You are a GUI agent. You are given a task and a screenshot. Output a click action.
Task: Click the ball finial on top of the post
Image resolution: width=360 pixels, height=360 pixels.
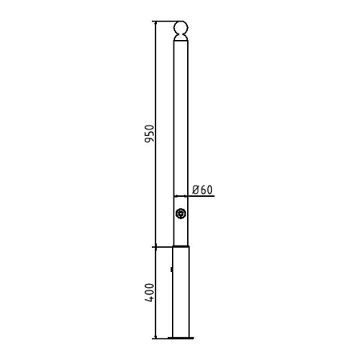click(x=181, y=28)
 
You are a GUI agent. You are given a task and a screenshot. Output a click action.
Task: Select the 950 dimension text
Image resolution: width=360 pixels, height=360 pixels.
click(x=150, y=134)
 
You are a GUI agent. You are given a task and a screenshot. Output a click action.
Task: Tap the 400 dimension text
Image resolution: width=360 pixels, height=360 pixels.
click(x=150, y=293)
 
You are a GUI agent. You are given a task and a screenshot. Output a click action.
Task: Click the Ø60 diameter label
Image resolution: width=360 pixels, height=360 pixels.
click(x=202, y=190)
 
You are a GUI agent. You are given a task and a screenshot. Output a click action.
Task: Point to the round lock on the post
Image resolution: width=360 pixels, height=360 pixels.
click(x=181, y=214)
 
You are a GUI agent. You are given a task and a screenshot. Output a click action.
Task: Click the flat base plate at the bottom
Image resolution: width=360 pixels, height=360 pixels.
click(x=181, y=338)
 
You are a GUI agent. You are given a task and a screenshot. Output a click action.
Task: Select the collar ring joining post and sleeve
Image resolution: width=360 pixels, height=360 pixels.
click(x=181, y=246)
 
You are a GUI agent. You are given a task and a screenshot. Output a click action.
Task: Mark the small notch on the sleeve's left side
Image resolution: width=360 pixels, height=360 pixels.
click(x=171, y=270)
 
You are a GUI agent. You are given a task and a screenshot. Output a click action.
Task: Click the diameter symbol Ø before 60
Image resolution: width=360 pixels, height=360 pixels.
click(x=196, y=190)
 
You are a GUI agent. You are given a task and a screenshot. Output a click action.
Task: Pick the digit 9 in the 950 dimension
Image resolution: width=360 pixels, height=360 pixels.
click(x=150, y=139)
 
